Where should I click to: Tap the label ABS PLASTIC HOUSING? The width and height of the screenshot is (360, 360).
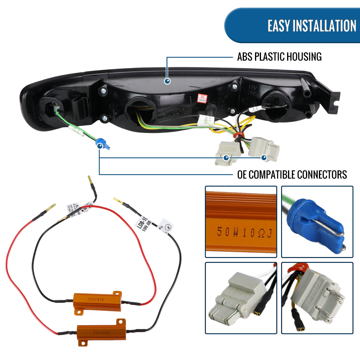[x=279, y=57]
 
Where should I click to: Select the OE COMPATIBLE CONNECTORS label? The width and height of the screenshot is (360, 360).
[x=292, y=174]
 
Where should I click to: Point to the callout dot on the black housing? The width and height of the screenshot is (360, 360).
[x=168, y=81]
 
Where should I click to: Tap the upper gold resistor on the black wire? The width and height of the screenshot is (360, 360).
[x=97, y=299]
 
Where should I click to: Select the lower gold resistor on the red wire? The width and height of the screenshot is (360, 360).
[x=101, y=332]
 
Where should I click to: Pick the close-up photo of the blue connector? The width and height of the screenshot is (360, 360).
[x=317, y=222]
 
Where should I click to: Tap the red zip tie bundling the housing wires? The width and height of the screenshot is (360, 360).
[x=239, y=135]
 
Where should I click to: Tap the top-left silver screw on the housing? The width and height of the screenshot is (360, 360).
[x=104, y=90]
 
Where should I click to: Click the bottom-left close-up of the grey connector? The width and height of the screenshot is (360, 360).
[x=241, y=298]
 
